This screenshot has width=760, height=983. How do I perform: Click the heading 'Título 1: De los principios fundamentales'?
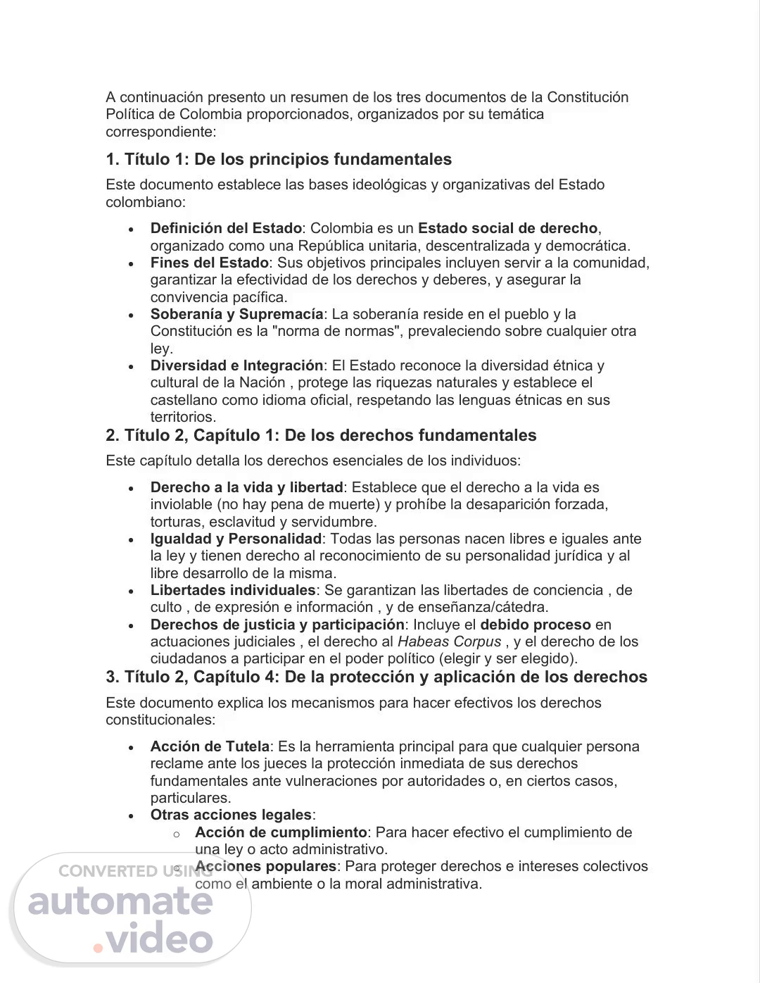(279, 159)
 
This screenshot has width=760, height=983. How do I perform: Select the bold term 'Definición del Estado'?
(226, 228)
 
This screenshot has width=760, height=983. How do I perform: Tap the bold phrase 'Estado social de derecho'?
(507, 228)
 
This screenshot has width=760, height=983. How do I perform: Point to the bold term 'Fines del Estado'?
(209, 263)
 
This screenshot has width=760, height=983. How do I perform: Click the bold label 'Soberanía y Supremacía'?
(236, 314)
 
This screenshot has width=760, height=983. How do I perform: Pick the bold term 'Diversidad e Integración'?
(236, 365)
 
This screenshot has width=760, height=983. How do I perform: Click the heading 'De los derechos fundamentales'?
(410, 435)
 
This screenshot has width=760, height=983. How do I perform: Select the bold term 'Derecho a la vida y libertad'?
(246, 487)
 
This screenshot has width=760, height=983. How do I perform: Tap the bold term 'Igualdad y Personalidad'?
(236, 539)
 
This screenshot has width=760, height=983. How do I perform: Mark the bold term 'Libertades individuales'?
(233, 590)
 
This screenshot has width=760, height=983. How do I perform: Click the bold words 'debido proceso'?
(535, 625)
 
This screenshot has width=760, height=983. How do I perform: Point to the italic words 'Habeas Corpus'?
(449, 641)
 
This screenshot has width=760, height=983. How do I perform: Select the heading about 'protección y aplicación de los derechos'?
(376, 677)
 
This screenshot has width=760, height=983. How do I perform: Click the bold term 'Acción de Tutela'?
(210, 746)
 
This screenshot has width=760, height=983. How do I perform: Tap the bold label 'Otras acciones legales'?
(231, 815)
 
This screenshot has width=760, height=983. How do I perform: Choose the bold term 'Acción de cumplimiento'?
(281, 832)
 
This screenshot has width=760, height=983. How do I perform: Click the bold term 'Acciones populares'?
(266, 866)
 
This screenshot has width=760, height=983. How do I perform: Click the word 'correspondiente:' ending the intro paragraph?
(161, 132)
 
